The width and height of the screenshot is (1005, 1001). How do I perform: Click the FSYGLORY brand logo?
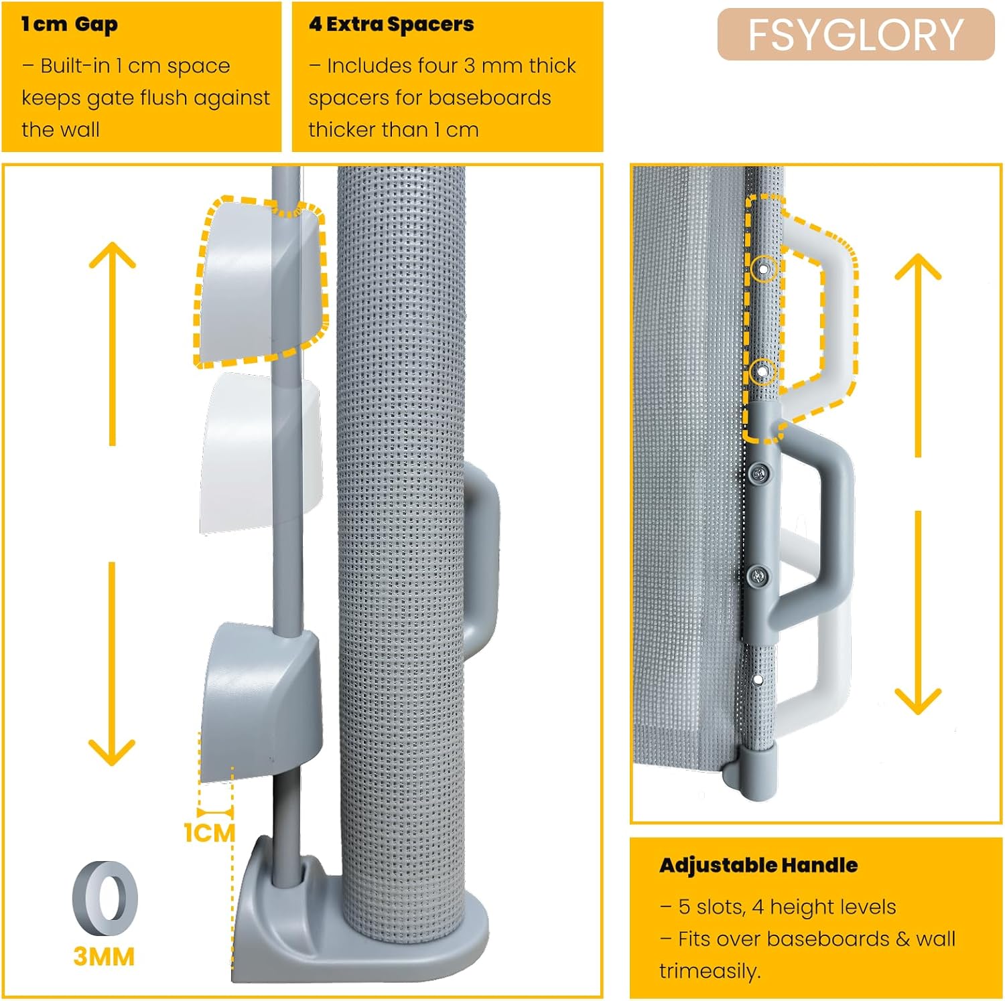tap(856, 35)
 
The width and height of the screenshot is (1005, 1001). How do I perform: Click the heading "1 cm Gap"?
tap(70, 25)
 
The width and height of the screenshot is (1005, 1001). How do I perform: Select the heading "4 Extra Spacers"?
tap(391, 25)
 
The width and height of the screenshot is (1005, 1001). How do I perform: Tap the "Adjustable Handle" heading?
tap(758, 865)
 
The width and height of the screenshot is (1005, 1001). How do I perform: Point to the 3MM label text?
tap(104, 957)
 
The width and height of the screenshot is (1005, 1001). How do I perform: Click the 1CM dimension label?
tap(210, 834)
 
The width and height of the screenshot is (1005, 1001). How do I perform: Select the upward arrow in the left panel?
tap(113, 341)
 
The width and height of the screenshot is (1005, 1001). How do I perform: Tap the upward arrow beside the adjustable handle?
tap(918, 355)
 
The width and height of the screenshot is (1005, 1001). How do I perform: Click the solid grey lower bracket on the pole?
tap(261, 700)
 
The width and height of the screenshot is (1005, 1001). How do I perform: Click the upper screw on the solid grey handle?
tap(759, 473)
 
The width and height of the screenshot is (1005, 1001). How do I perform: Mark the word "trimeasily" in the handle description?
tap(708, 971)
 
